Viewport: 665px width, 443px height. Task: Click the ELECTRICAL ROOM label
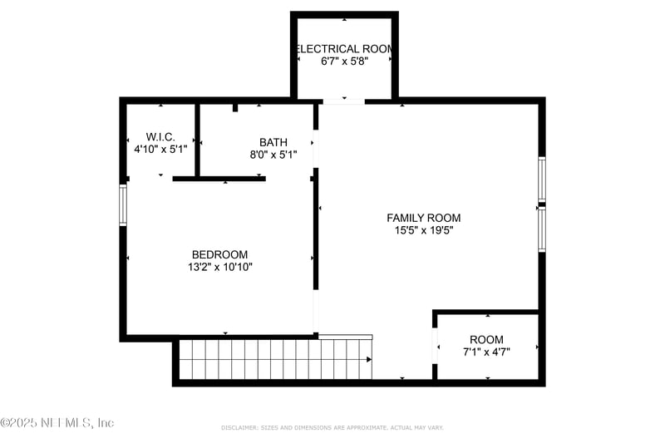[x=344, y=49]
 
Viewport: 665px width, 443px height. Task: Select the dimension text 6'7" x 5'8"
[x=344, y=62]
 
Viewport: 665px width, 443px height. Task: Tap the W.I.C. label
[x=160, y=136]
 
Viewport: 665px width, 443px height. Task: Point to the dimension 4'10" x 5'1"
[x=160, y=149]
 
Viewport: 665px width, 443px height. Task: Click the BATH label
[x=273, y=142]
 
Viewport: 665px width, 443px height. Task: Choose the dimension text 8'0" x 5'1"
[x=273, y=155]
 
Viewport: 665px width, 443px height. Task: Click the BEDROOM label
[x=219, y=254]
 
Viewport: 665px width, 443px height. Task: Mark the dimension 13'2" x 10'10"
[x=219, y=267]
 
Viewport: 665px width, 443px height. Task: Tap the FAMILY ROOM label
[x=423, y=218]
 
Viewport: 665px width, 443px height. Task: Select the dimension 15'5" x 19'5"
[x=423, y=230]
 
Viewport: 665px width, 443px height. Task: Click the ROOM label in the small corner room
[x=486, y=339]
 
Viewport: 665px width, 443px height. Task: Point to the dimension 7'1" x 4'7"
[x=486, y=352]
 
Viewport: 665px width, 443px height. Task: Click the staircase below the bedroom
[x=274, y=359]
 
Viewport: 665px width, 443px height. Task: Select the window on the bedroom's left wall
[x=123, y=205]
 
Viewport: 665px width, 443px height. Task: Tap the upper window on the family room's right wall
[x=541, y=179]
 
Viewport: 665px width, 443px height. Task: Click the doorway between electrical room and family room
[x=343, y=101]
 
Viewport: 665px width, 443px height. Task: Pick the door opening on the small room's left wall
[x=435, y=346]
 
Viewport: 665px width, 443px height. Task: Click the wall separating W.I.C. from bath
[x=197, y=139]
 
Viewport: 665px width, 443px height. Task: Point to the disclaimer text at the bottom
[x=332, y=427]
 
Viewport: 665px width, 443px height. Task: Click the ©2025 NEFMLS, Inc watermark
[x=57, y=423]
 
